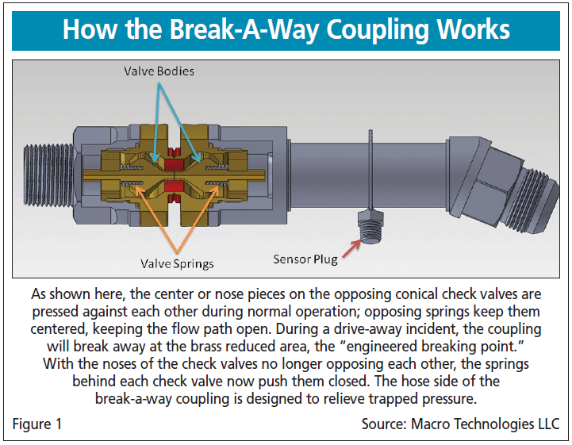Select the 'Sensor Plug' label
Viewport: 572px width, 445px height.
[305, 259]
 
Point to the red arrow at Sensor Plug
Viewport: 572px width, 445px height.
[348, 248]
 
